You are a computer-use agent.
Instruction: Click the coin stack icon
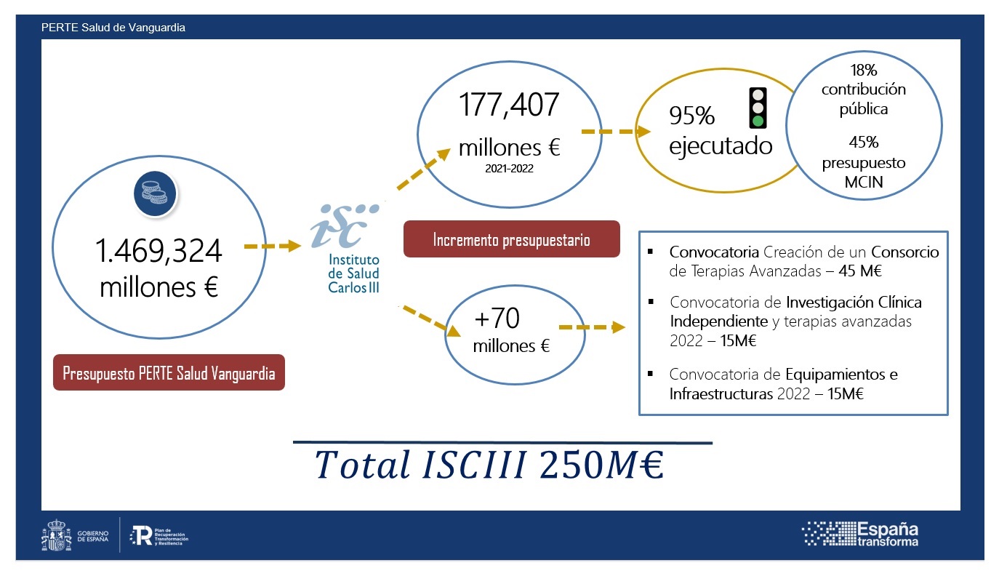tap(155, 193)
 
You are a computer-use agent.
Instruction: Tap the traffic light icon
tap(758, 108)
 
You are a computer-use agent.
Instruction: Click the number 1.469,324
tap(159, 250)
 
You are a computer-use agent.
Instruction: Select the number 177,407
tap(509, 105)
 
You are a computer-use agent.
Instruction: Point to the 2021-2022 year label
tap(509, 169)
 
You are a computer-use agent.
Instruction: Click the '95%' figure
tap(691, 115)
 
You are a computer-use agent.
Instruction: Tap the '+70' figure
tap(497, 318)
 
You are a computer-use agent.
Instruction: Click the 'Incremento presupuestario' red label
tap(512, 239)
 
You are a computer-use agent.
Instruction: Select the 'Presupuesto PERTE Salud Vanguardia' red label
tap(169, 372)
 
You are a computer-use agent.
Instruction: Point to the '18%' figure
tap(864, 70)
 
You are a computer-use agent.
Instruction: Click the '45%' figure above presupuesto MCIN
tap(864, 143)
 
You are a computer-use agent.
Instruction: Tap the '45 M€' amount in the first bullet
tap(860, 271)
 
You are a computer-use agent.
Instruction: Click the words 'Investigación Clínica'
tap(854, 302)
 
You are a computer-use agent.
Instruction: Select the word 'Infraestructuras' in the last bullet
tap(721, 393)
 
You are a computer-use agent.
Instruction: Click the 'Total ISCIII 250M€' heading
tap(490, 465)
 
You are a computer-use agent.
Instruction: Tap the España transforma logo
tap(860, 534)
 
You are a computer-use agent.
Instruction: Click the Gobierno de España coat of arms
tap(56, 535)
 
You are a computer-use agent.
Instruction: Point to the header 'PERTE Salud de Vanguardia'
tap(113, 28)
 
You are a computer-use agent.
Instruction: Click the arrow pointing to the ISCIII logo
tap(273, 246)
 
